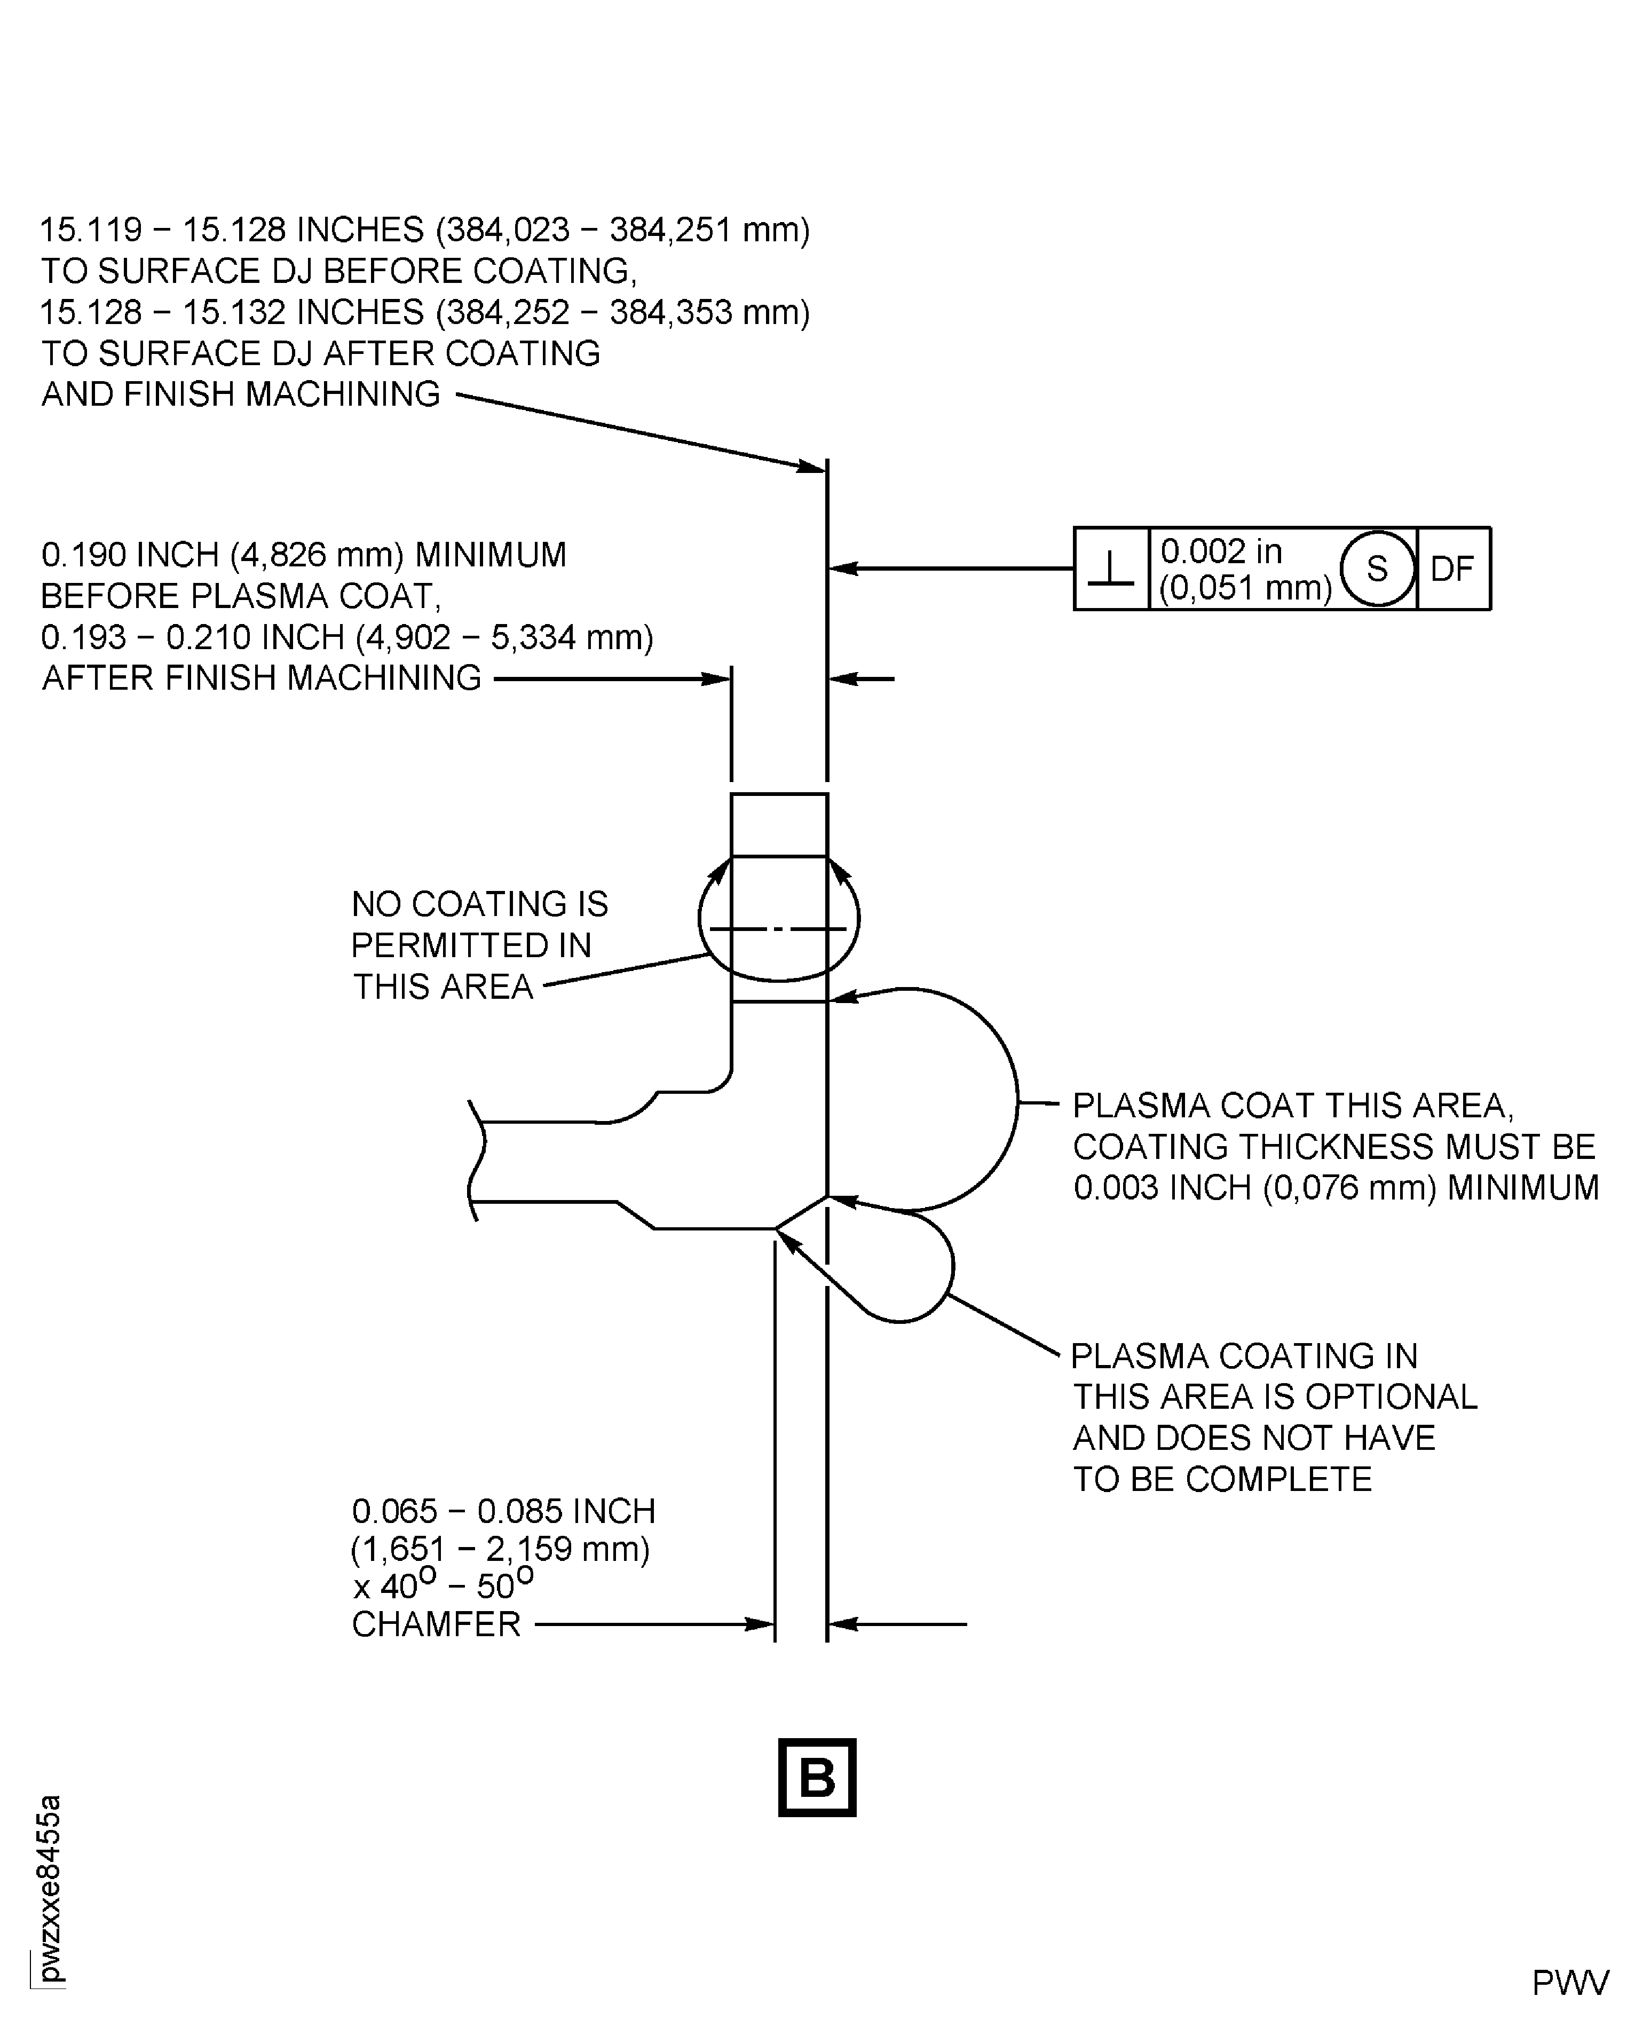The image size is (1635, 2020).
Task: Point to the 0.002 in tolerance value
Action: (x=1221, y=551)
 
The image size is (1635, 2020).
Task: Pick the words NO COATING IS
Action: (x=479, y=904)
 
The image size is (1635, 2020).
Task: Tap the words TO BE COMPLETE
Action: (x=1221, y=1479)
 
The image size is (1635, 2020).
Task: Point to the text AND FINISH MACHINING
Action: (x=241, y=393)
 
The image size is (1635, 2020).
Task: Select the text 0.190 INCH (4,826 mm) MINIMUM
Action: (x=303, y=555)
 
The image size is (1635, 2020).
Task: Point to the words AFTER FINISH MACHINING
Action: (x=262, y=678)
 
